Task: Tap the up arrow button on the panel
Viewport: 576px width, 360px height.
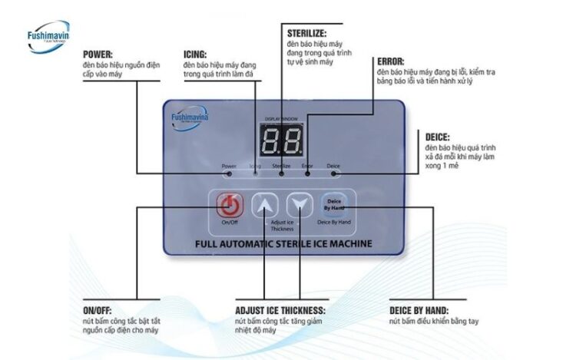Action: tap(265, 205)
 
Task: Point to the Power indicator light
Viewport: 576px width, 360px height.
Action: tap(229, 174)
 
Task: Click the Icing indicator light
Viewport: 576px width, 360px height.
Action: tap(256, 174)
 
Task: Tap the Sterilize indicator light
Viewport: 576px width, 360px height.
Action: tap(281, 174)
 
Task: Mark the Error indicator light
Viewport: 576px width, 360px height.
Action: tap(307, 174)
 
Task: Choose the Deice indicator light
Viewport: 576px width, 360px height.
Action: tap(333, 174)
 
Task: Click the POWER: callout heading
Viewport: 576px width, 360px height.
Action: tap(98, 54)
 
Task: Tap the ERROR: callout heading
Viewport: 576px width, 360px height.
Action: tap(391, 61)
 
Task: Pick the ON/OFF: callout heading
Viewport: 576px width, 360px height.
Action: tap(98, 311)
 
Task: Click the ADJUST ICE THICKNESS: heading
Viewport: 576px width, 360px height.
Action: tap(280, 311)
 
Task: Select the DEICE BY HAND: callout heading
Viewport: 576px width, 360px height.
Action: tap(425, 311)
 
